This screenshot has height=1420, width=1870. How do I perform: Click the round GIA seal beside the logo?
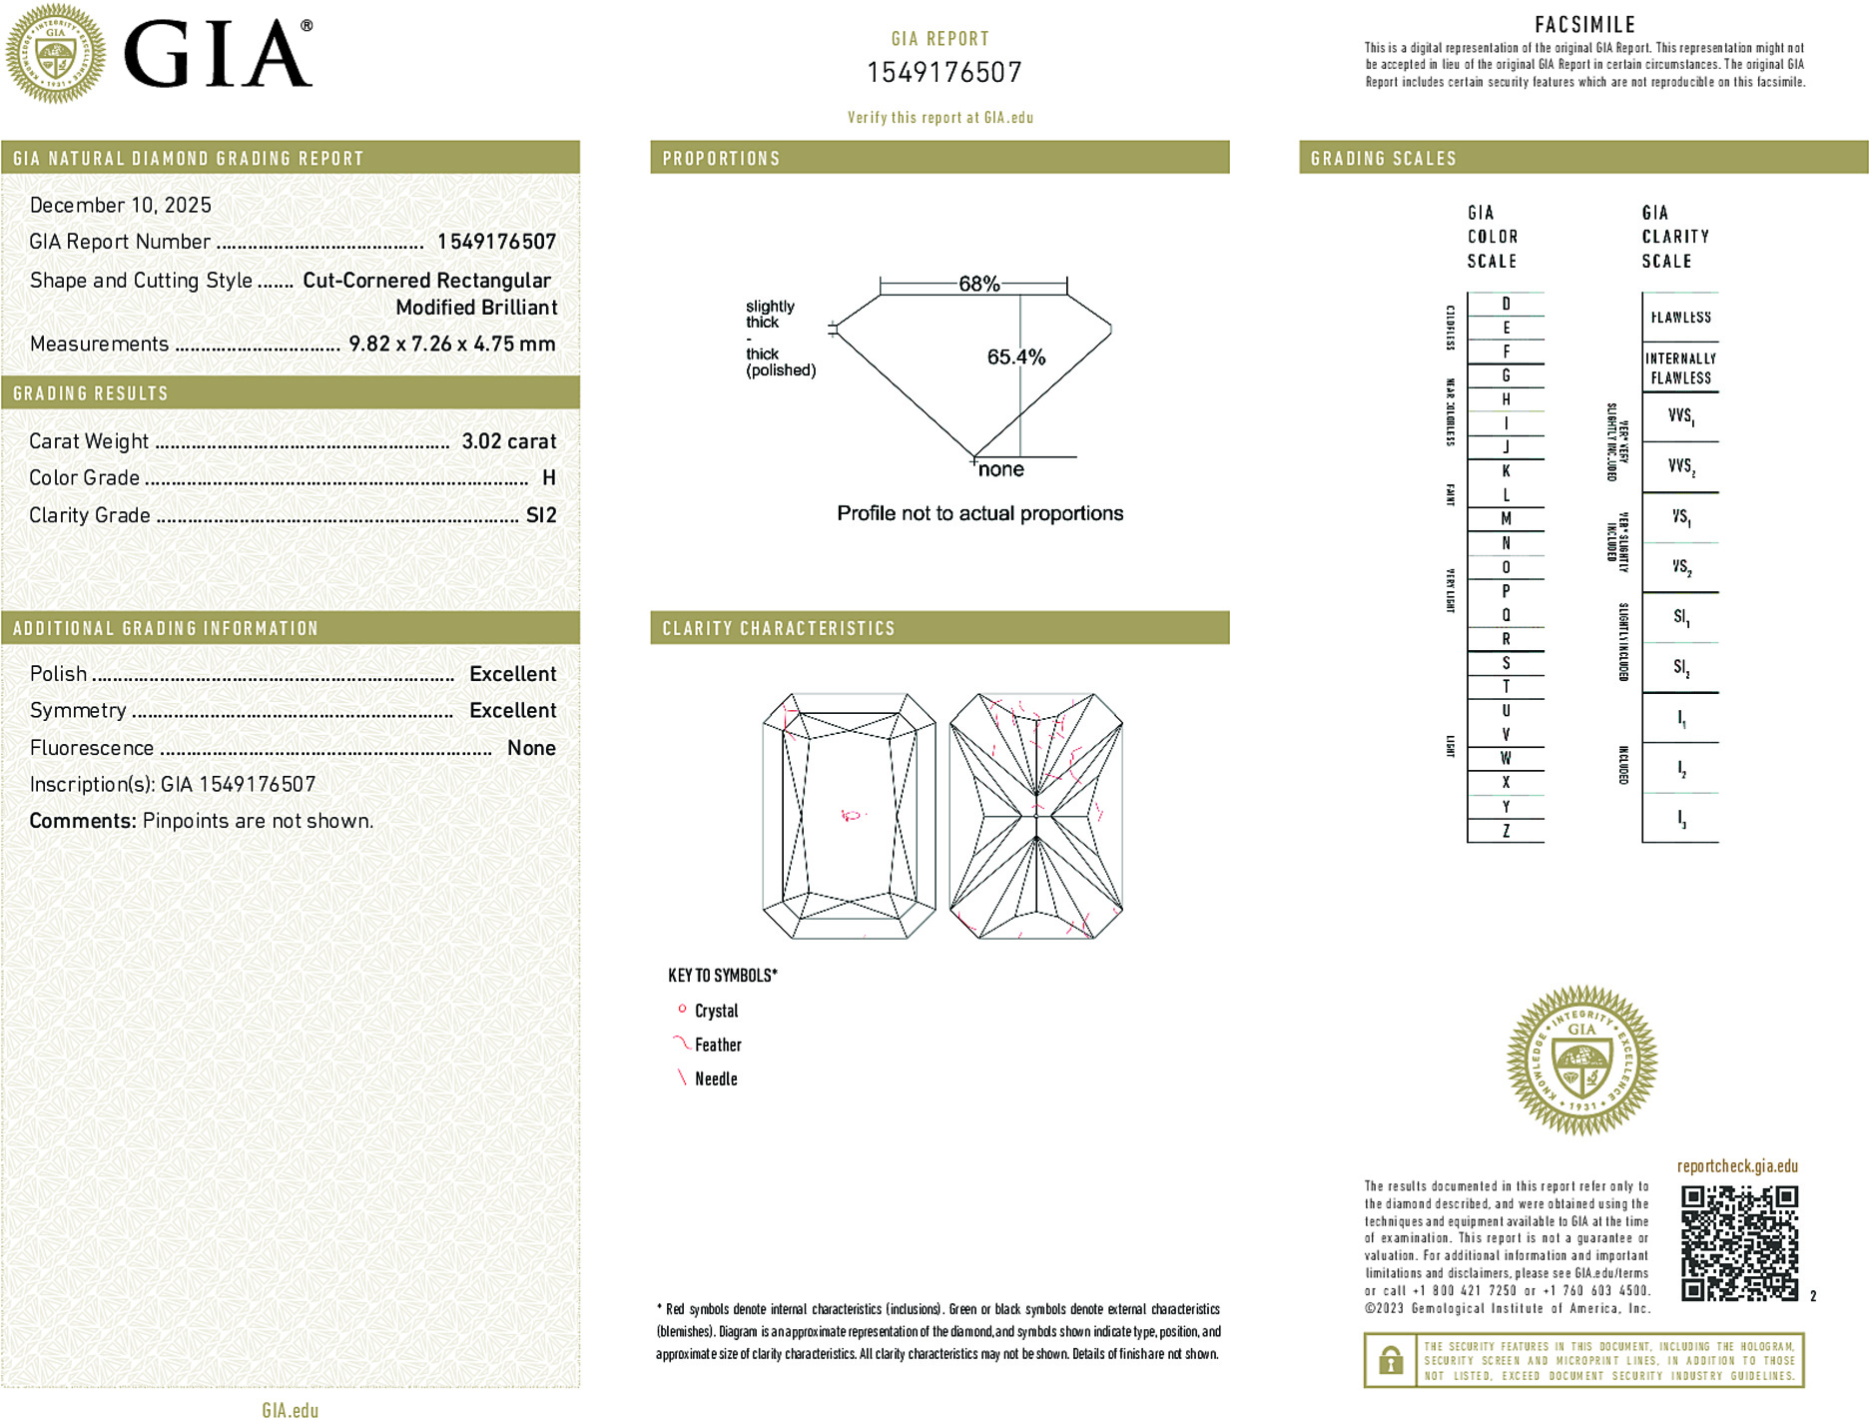point(55,54)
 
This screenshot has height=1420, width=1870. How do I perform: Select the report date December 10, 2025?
point(121,205)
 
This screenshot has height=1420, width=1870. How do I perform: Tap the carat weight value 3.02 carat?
point(508,441)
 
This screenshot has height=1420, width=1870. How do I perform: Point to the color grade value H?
point(548,478)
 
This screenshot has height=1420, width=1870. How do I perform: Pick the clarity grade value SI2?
point(541,515)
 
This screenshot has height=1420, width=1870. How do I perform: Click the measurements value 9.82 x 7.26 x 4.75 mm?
point(451,344)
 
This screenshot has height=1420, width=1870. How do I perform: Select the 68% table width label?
point(978,284)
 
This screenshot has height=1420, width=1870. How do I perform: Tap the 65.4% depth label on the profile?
point(1015,357)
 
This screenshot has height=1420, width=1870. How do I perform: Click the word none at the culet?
point(1000,469)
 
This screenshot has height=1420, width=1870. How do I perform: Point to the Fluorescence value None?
point(531,748)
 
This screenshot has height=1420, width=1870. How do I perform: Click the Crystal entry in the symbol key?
point(716,1011)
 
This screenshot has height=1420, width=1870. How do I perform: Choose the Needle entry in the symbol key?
point(716,1078)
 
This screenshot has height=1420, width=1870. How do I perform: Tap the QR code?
point(1738,1242)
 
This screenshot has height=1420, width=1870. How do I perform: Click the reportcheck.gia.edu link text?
point(1737,1166)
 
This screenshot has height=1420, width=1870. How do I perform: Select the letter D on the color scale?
point(1506,304)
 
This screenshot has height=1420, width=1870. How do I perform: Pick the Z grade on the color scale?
point(1506,831)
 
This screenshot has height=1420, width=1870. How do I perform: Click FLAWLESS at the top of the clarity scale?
point(1680,318)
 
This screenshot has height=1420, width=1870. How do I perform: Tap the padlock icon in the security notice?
point(1390,1360)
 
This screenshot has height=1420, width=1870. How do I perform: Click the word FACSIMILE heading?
point(1584,25)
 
